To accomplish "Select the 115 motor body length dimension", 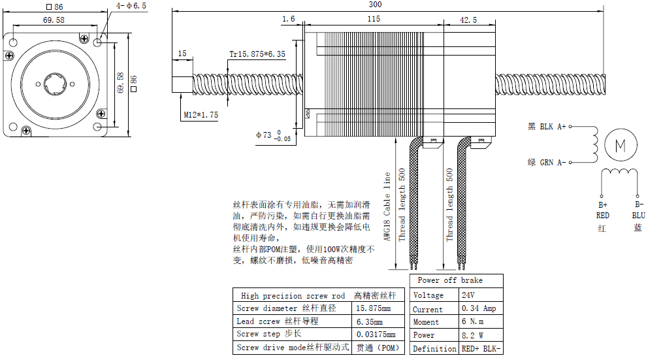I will pos(373,19).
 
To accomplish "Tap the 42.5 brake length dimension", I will pos(468,20).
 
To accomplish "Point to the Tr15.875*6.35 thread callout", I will pos(257,54).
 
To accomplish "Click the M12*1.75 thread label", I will pos(201,115).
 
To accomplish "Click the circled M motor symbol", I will pos(617,144).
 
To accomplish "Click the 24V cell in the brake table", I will pos(468,295).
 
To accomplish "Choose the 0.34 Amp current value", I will pos(479,309).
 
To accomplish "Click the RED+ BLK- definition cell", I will pos(481,349).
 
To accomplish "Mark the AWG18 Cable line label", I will pos(387,206).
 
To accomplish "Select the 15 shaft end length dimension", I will pos(182,54).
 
